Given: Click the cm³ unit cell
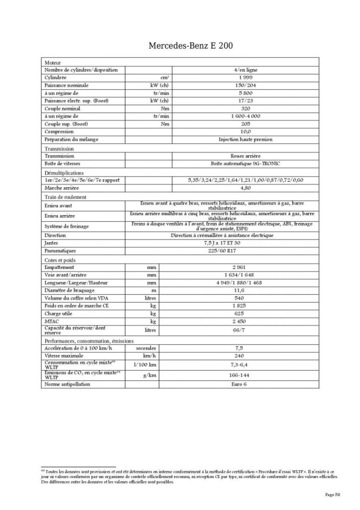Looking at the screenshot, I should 164,78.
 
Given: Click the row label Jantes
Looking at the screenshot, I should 51,243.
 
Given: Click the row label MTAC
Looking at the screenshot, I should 52,321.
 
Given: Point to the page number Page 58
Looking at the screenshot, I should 333,494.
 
